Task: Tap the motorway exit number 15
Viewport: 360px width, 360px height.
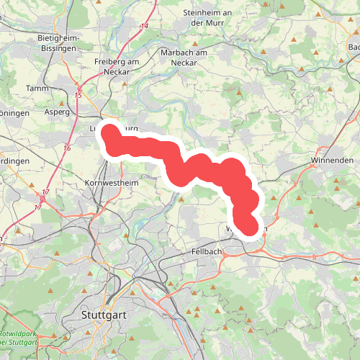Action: pos(78,95)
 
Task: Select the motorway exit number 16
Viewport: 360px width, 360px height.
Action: pos(67,148)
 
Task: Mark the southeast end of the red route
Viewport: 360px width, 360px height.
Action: pos(248,227)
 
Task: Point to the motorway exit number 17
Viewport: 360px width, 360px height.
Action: pos(45,192)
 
